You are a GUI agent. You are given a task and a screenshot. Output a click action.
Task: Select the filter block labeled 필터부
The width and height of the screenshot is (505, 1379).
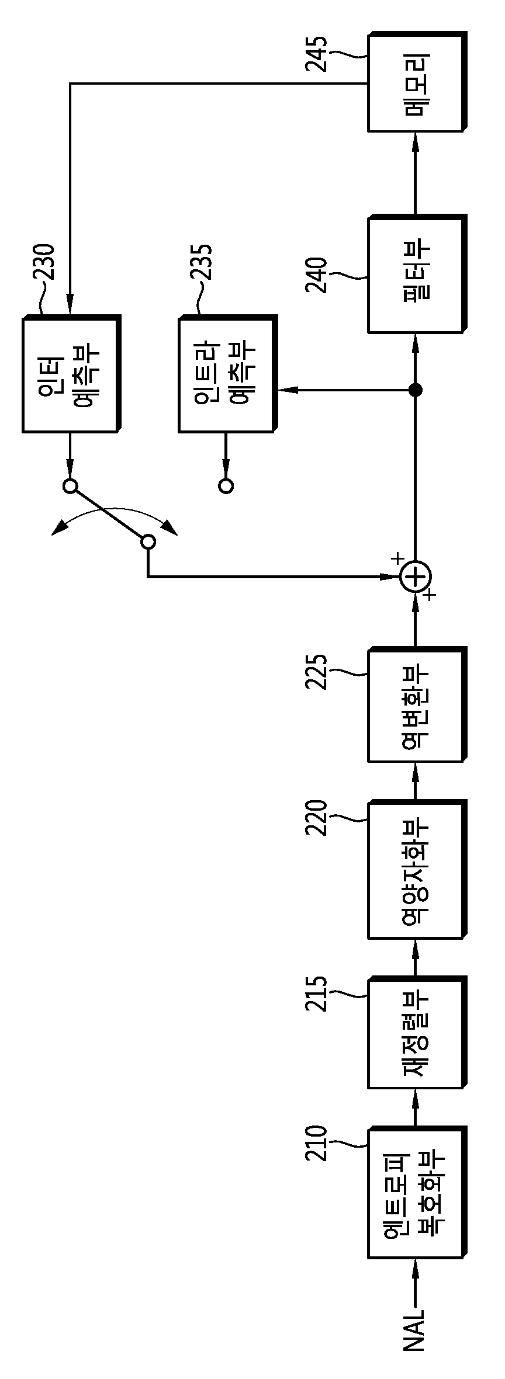(x=417, y=275)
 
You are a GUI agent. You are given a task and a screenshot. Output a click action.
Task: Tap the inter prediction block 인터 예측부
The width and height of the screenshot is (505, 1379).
(x=71, y=374)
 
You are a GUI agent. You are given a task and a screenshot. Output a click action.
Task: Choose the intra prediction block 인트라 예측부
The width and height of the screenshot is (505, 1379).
(x=227, y=374)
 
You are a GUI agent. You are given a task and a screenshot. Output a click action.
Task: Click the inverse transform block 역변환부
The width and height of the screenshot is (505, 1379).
(x=417, y=704)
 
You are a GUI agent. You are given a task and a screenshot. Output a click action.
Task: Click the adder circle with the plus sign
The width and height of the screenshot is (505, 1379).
(x=416, y=578)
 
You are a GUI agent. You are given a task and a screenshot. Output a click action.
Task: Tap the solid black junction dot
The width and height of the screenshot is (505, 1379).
(x=416, y=390)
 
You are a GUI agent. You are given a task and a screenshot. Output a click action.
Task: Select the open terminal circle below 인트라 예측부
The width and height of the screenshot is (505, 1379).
(x=226, y=485)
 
